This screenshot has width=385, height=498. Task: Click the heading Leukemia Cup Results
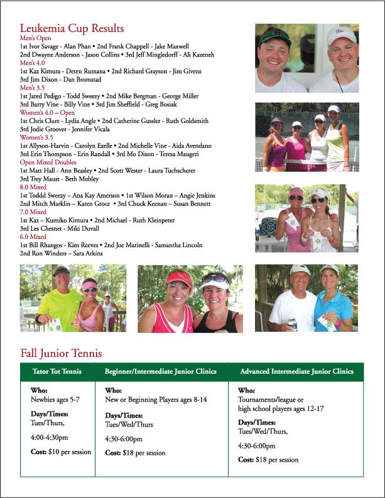[72, 29]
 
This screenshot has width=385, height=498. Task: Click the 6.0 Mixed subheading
[34, 236]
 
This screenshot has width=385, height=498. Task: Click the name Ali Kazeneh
[216, 55]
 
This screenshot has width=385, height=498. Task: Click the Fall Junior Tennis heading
[61, 353]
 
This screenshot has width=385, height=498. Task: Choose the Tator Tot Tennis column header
[57, 371]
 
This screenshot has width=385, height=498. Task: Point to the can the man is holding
[291, 324]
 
